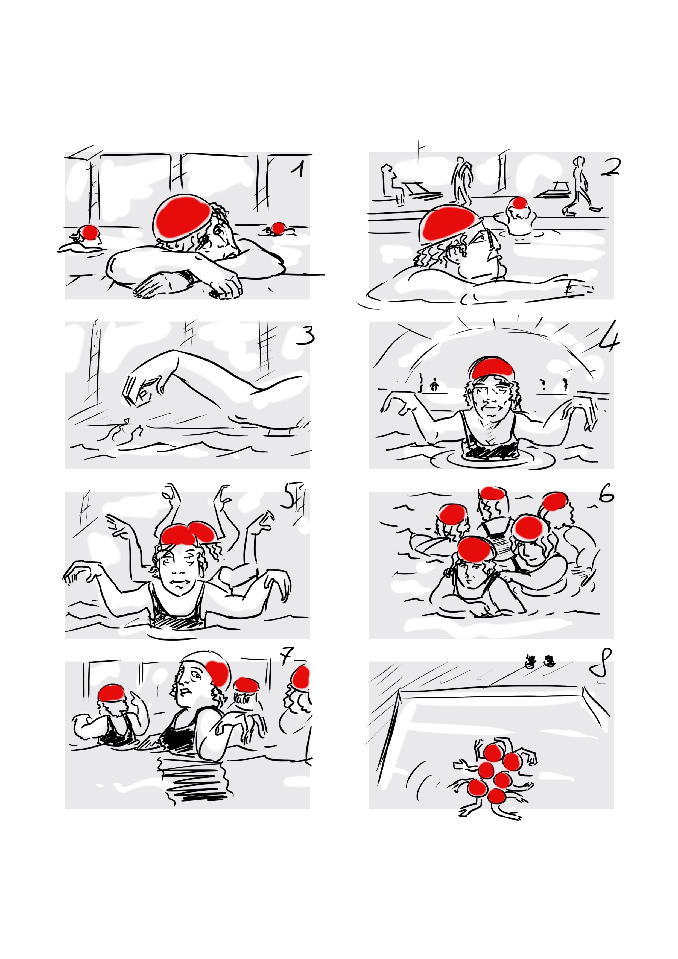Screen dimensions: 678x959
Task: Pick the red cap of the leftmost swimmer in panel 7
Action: pos(111,692)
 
